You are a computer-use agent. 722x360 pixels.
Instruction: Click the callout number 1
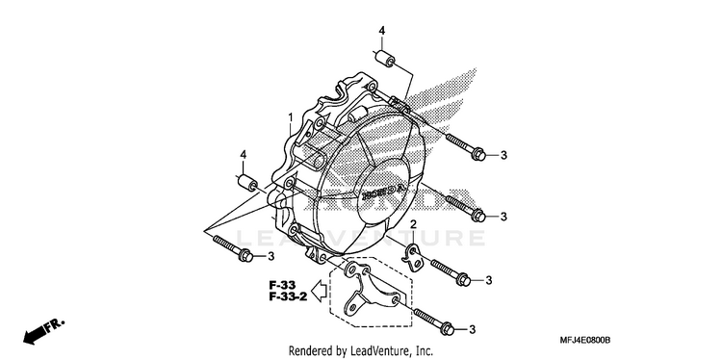click(291, 118)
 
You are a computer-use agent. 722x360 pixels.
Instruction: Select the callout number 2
click(413, 224)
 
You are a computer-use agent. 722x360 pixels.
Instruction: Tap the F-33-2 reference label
click(288, 296)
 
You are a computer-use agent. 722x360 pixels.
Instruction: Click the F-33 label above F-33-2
click(283, 285)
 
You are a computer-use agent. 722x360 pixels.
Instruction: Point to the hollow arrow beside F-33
click(319, 291)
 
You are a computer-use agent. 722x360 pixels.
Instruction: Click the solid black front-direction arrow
click(34, 335)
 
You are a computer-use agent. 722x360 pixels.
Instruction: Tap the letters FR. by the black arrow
click(55, 325)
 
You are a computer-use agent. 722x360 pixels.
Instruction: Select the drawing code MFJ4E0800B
click(584, 340)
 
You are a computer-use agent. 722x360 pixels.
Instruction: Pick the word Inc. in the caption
click(425, 350)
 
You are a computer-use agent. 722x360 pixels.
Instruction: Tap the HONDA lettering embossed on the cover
click(383, 192)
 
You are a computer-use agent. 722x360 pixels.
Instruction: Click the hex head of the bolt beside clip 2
click(464, 279)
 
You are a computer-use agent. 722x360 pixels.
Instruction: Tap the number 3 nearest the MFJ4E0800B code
click(472, 329)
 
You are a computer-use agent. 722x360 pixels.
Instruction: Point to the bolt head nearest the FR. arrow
click(245, 255)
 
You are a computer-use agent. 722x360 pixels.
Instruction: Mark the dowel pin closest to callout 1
click(247, 183)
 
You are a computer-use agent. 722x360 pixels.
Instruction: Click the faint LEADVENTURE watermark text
click(361, 239)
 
